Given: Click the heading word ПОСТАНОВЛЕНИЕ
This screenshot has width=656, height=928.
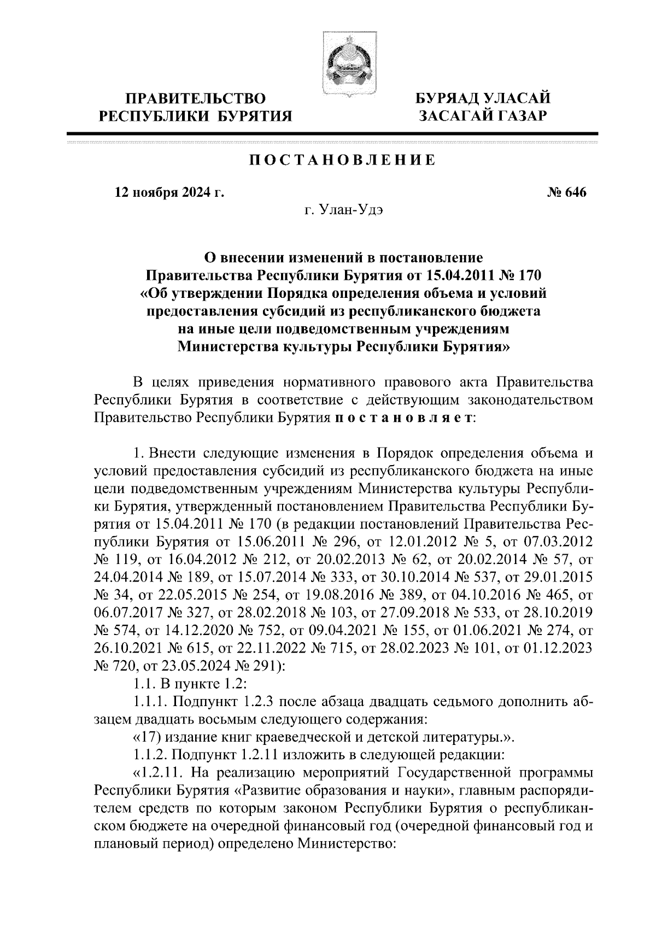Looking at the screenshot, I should pyautogui.click(x=343, y=160).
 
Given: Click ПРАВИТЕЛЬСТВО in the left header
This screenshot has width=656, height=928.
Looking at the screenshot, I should pyautogui.click(x=196, y=99).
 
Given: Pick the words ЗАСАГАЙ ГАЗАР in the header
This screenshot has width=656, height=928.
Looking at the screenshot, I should pyautogui.click(x=483, y=116).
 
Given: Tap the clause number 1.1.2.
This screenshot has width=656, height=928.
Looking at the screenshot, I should pyautogui.click(x=150, y=755).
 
